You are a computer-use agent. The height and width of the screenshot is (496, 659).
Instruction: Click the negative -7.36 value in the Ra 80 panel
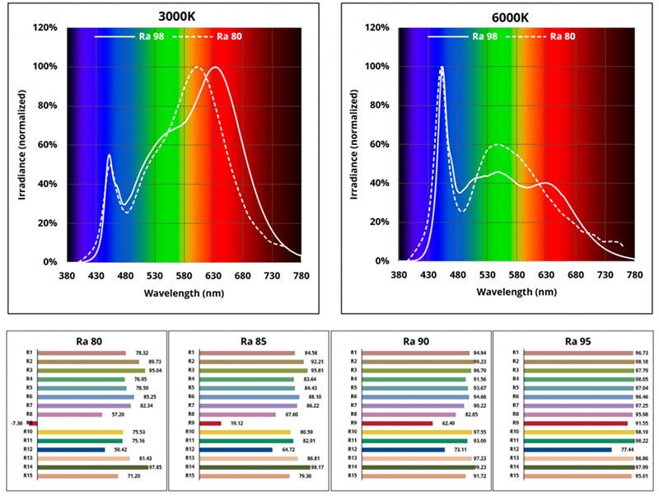(x=16, y=423)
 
